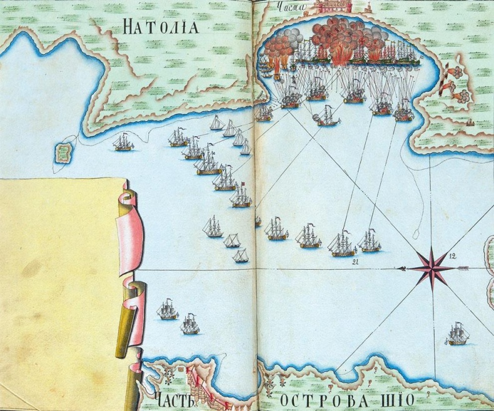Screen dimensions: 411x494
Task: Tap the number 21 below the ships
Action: point(355,261)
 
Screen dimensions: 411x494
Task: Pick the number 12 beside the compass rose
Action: point(453,255)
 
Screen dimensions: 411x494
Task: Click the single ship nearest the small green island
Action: point(121,143)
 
